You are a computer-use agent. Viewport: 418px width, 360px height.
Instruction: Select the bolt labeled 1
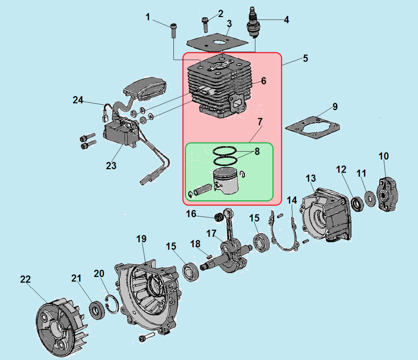pyautogui.click(x=173, y=30)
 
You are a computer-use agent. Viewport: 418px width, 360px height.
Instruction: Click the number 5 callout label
pyautogui.click(x=305, y=58)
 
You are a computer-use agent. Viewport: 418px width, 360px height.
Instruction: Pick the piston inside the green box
pyautogui.click(x=226, y=181)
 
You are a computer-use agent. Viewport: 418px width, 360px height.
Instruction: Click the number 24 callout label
pyautogui.click(x=77, y=100)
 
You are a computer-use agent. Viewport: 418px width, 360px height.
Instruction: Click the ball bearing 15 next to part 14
pyautogui.click(x=261, y=241)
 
